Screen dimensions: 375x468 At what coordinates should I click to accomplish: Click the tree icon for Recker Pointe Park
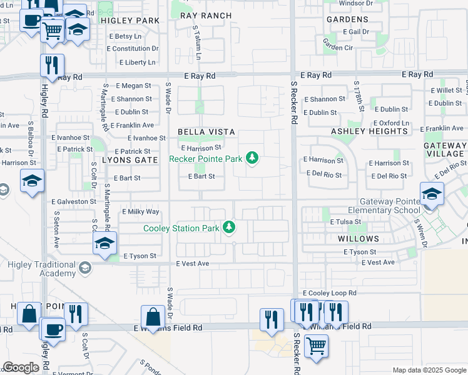coord(252,158)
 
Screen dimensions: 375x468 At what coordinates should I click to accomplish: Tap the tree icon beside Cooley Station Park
coord(230,227)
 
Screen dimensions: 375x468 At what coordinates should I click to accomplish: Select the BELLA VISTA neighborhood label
coord(206,132)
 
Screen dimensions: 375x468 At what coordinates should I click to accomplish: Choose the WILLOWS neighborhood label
coord(359,239)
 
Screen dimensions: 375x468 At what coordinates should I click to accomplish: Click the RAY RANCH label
coord(206,16)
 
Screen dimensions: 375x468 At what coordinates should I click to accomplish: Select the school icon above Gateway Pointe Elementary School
coord(431,194)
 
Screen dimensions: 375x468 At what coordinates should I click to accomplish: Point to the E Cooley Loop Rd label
coord(329,292)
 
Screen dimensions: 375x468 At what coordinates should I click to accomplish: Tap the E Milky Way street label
coord(143,212)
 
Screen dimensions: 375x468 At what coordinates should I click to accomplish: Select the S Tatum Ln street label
coord(197,43)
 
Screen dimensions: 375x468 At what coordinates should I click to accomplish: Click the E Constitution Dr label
coord(136,49)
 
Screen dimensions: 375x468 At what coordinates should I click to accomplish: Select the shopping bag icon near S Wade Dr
coord(153,317)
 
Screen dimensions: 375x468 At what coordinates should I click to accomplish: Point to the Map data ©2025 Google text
coord(429,370)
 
